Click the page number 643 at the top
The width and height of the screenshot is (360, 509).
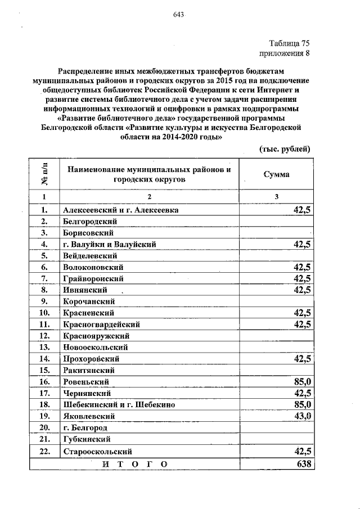click(x=179, y=14)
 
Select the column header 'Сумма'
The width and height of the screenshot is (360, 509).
click(x=277, y=174)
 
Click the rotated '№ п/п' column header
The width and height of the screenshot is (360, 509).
click(x=44, y=174)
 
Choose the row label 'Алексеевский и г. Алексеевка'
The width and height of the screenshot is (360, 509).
click(x=121, y=210)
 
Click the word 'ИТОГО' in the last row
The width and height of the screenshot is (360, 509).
click(x=135, y=464)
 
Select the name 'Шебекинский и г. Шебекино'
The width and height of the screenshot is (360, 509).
click(x=120, y=404)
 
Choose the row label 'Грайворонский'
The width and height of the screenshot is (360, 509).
click(x=93, y=278)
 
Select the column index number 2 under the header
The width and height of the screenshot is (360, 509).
click(x=150, y=196)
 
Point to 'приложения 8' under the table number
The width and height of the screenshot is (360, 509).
click(x=285, y=54)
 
